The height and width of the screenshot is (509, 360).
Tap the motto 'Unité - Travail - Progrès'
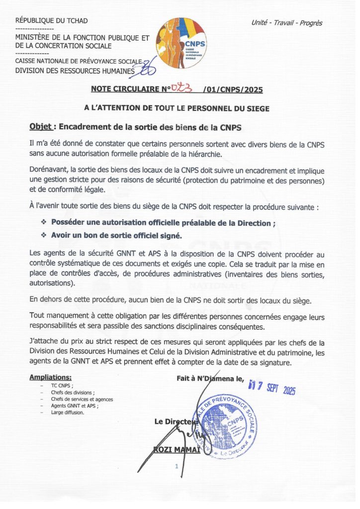point(287,23)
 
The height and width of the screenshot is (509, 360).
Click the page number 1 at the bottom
point(176,466)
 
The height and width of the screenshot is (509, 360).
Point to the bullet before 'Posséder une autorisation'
point(43,223)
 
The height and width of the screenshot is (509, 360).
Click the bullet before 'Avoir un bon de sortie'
point(43,235)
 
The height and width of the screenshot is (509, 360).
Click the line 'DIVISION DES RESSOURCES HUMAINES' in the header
point(75,71)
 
